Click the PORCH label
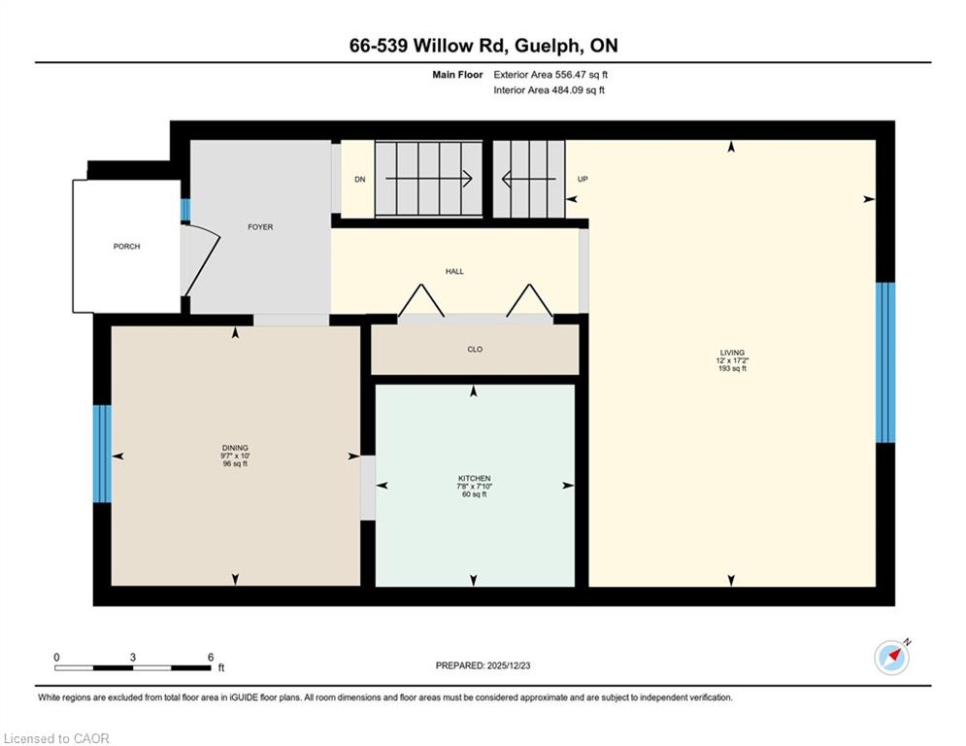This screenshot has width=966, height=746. pos(126,247)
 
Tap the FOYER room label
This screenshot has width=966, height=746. pos(260,227)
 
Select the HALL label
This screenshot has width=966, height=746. pos(454,271)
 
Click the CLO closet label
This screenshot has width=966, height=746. pos(475,349)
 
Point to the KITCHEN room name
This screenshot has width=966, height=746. pos(475,479)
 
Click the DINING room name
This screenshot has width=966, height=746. pos(235,448)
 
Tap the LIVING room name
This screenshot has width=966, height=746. pos(732,353)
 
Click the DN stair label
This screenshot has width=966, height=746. pos(360,180)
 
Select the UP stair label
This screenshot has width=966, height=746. pos(583,180)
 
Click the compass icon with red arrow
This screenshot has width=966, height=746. pos(892,658)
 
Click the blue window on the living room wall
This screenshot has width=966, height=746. pos(885,362)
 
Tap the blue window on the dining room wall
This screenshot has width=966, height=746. pos(102,454)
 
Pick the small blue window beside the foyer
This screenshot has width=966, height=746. pos(185,210)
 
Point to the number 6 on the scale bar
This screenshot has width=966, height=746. pos(211,658)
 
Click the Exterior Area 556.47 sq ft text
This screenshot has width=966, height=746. pos(550,75)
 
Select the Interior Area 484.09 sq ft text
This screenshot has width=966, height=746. pos(549,90)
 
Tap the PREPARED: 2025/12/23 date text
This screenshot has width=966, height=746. pos(483,665)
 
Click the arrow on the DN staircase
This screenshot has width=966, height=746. pos(429,180)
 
